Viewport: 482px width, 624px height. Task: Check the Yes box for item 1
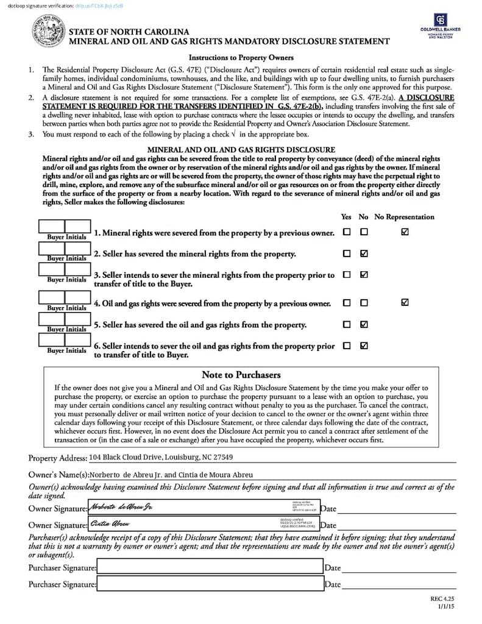[x=347, y=232]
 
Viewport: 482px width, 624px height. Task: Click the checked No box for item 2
[x=364, y=253]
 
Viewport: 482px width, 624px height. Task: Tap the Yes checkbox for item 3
[x=347, y=275]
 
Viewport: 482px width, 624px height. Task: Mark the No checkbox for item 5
[x=364, y=324]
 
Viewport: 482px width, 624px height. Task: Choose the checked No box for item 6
[x=364, y=346]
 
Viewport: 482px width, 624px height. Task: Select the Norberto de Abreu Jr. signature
[x=122, y=508]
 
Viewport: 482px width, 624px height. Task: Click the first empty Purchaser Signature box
[x=210, y=567]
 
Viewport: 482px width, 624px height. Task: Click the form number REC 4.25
[x=442, y=599]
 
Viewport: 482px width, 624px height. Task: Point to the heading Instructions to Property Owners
[x=241, y=58]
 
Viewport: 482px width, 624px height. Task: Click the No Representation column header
[x=404, y=217]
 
